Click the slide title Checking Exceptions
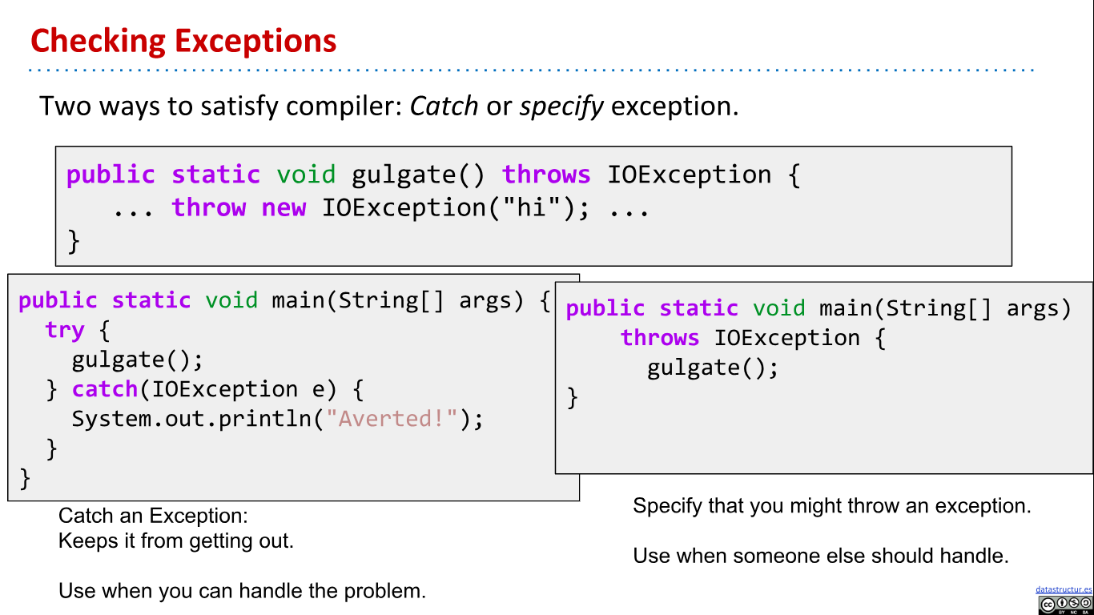click(183, 41)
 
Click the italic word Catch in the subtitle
click(444, 106)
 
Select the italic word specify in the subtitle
click(561, 106)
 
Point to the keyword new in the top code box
click(284, 208)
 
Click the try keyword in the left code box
click(65, 330)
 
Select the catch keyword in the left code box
click(105, 389)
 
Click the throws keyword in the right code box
click(660, 338)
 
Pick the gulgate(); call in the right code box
click(713, 368)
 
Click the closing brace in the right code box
click(572, 397)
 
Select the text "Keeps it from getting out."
click(176, 541)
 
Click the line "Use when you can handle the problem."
click(242, 591)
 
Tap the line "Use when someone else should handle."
click(820, 556)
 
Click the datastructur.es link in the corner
click(1064, 589)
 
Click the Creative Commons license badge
click(1065, 605)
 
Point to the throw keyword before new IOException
click(208, 208)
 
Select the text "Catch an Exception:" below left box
click(153, 516)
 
